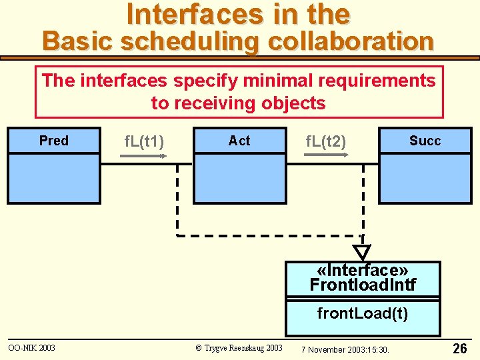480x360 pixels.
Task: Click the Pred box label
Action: (53, 141)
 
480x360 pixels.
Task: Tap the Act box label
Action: (239, 141)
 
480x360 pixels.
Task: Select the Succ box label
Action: (425, 141)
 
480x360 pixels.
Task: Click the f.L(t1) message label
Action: (145, 141)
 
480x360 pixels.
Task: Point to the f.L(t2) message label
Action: (325, 141)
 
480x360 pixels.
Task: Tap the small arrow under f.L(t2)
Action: (326, 155)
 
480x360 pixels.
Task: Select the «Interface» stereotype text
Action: (363, 270)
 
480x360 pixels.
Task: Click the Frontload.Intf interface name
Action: (363, 285)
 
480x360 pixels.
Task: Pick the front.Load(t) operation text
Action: (363, 313)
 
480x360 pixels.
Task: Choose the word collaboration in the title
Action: (351, 41)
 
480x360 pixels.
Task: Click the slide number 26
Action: (460, 348)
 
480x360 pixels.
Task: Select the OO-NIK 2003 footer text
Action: (32, 347)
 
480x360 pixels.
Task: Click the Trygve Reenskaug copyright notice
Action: (239, 348)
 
